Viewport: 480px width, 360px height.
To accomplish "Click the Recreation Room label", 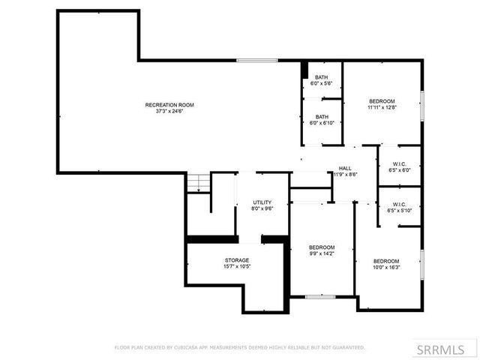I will coord(169,105).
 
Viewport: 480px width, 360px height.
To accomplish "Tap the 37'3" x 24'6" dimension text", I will coord(169,112).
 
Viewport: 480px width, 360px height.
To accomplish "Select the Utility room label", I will coord(262,202).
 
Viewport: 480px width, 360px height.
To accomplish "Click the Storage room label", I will coord(236,260).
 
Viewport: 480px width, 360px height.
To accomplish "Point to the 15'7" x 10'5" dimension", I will coord(236,267).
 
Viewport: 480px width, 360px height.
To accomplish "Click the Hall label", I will coord(345,168).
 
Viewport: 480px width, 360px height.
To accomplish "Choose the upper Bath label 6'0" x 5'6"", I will coord(322,77).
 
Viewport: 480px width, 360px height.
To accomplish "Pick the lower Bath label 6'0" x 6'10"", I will coord(322,116).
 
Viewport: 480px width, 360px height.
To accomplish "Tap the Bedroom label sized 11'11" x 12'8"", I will coord(381,100).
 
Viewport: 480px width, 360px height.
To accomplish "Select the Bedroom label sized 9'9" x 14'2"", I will coord(322,247).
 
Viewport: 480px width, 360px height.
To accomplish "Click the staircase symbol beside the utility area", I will coord(196,183).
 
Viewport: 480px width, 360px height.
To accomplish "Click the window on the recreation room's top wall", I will coord(256,61).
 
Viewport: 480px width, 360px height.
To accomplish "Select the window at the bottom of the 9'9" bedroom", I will coord(319,297).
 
